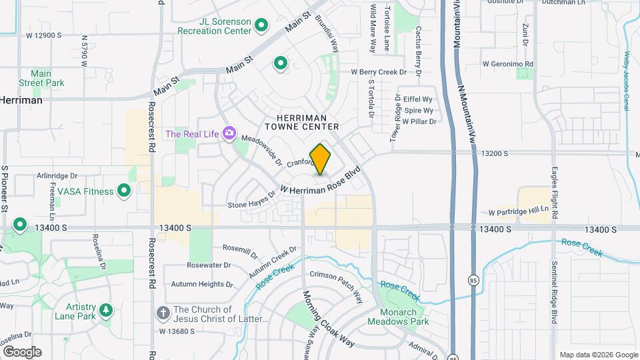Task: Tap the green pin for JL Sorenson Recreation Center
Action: click(262, 26)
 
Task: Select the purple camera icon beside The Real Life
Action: click(229, 133)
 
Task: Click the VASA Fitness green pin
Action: click(124, 191)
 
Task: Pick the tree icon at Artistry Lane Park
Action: click(105, 310)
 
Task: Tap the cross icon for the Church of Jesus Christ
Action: click(163, 313)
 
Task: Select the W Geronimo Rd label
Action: click(508, 63)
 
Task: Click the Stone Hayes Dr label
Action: click(251, 200)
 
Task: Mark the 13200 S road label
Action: click(492, 153)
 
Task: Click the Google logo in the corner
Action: click(22, 352)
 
